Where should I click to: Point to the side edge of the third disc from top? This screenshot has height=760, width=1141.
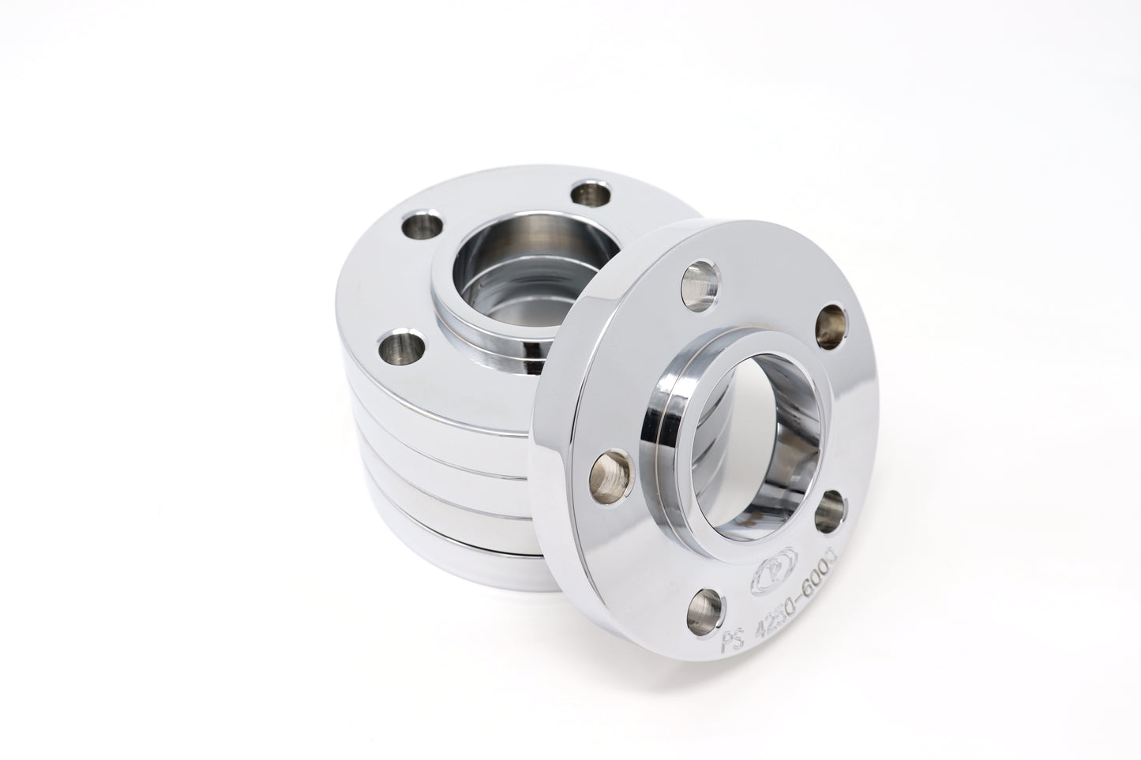point(442,481)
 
